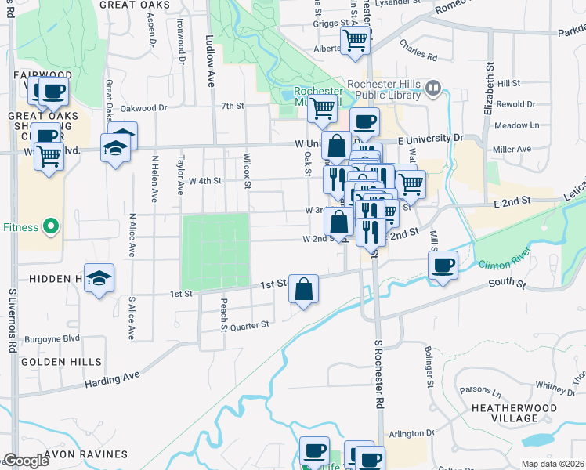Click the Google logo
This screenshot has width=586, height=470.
click(x=25, y=461)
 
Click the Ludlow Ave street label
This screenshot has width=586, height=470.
click(x=209, y=49)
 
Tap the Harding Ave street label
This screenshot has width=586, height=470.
click(x=114, y=379)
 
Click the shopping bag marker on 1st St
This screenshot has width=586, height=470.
click(x=303, y=289)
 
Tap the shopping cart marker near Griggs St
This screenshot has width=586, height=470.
click(x=356, y=40)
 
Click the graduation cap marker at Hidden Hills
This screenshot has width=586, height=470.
click(x=99, y=280)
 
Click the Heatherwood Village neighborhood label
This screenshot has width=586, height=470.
click(x=505, y=414)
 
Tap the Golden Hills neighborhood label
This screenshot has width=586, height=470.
click(x=62, y=362)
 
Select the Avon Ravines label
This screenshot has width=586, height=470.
click(x=85, y=454)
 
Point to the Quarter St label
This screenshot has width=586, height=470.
click(x=251, y=324)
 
